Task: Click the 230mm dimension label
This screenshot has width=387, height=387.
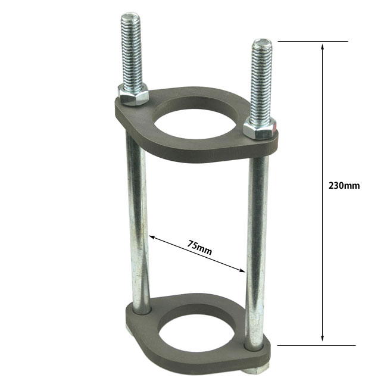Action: pyautogui.click(x=344, y=186)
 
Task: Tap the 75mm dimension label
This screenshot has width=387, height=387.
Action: pyautogui.click(x=199, y=247)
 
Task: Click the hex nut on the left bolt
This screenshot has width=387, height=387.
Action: pyautogui.click(x=133, y=94)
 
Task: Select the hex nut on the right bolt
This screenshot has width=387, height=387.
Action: pyautogui.click(x=260, y=129)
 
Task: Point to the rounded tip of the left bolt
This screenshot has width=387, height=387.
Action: pyautogui.click(x=130, y=15)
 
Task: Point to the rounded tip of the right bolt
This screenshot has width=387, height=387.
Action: pyautogui.click(x=262, y=42)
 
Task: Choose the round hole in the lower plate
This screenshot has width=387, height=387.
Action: pyautogui.click(x=196, y=333)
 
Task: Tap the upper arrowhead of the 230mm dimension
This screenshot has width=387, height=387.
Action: pyautogui.click(x=322, y=47)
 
